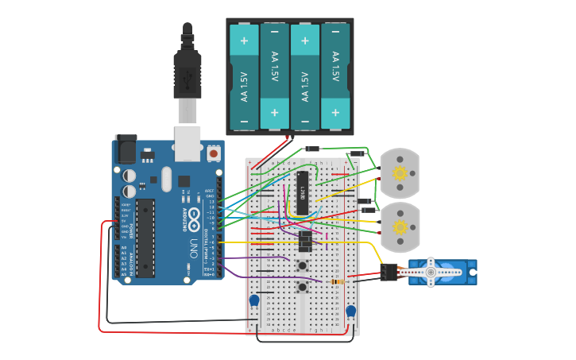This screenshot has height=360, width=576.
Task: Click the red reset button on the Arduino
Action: pyautogui.click(x=213, y=152)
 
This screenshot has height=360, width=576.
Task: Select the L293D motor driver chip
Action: pyautogui.click(x=302, y=192)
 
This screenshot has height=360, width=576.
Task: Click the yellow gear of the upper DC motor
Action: pyautogui.click(x=400, y=173)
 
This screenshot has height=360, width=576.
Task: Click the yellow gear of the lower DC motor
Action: pyautogui.click(x=400, y=227)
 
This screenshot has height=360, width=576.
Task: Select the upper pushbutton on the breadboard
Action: pyautogui.click(x=302, y=265)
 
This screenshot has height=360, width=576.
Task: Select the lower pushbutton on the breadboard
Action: pyautogui.click(x=302, y=286)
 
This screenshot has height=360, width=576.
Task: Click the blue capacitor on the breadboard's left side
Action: pyautogui.click(x=254, y=301)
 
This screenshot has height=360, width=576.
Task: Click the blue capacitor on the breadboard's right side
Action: pyautogui.click(x=350, y=311)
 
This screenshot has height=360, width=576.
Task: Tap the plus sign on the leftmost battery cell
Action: pyautogui.click(x=244, y=40)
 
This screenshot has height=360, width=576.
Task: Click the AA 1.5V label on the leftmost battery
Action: pyautogui.click(x=244, y=86)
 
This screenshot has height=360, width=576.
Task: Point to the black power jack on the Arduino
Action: pyautogui.click(x=126, y=149)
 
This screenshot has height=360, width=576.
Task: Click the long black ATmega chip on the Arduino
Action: pyautogui.click(x=145, y=238)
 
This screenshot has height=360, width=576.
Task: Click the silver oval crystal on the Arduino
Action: pyautogui.click(x=166, y=179)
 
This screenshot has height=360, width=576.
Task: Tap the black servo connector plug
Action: pyautogui.click(x=389, y=273)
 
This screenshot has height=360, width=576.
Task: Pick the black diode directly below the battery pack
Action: pyautogui.click(x=312, y=148)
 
